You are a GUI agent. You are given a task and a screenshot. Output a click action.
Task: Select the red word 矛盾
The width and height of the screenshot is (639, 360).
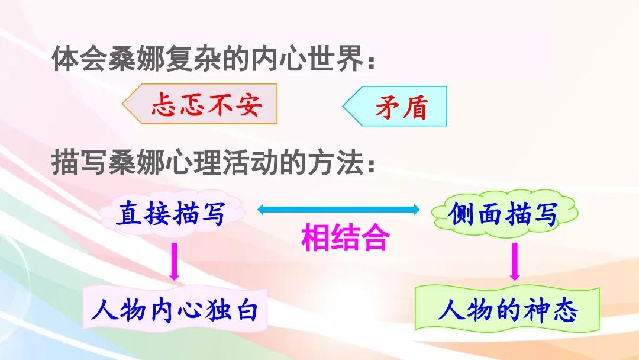point(401,107)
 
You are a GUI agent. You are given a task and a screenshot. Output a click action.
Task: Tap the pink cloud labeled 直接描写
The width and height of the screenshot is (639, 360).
point(171,214)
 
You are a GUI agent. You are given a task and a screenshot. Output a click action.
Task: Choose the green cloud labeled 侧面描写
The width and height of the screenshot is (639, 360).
point(504,214)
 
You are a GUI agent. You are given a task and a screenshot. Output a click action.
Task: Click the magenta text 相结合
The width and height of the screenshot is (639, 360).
point(346,237)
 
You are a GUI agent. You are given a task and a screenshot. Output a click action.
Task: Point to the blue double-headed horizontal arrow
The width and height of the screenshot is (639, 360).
point(338,210)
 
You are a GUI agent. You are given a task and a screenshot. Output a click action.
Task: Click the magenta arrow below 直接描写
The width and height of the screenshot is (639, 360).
point(175,262)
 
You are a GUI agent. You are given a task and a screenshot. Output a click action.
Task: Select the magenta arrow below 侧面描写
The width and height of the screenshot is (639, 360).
point(515,262)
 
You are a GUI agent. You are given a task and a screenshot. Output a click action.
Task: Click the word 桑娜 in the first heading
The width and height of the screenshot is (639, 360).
point(137,60)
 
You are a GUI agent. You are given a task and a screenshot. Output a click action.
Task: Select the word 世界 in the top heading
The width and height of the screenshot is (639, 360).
point(336,60)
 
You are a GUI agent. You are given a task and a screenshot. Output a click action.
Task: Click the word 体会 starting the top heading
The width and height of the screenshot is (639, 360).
point(80,60)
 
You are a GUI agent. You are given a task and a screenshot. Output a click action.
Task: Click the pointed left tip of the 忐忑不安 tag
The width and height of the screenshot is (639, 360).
point(122,104)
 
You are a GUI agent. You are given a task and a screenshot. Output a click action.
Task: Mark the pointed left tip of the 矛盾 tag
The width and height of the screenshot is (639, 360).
point(343,107)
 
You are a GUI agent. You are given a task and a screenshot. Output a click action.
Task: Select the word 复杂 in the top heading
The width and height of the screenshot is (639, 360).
point(193,60)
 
